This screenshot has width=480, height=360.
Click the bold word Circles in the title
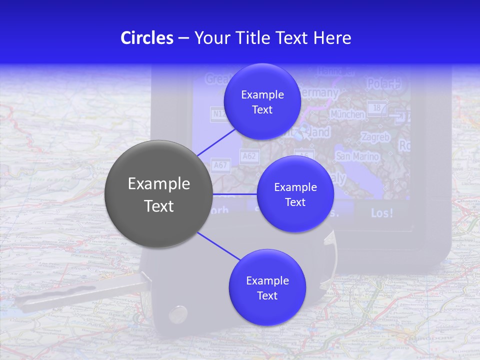pyautogui.click(x=147, y=38)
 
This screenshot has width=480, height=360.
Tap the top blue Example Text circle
pyautogui.click(x=262, y=102)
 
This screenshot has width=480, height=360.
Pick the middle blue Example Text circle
pyautogui.click(x=295, y=194)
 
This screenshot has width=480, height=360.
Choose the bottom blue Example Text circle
pyautogui.click(x=267, y=287)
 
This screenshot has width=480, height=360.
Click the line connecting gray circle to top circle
pyautogui.click(x=216, y=141)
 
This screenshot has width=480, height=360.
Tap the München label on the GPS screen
pyautogui.click(x=347, y=114)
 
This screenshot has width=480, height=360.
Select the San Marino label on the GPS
pyautogui.click(x=357, y=156)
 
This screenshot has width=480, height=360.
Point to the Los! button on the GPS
pyautogui.click(x=382, y=213)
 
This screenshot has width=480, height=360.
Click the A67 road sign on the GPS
pyautogui.click(x=220, y=165)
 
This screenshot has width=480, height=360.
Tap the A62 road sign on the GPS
pyautogui.click(x=248, y=156)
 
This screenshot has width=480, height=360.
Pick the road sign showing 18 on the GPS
pyautogui.click(x=377, y=107)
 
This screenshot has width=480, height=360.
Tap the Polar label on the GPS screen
pyautogui.click(x=384, y=83)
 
